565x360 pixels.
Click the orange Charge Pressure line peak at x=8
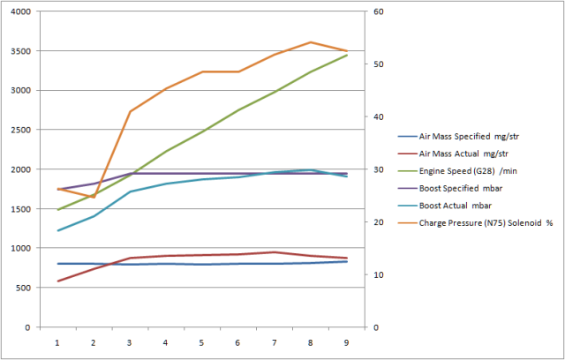pos(310,42)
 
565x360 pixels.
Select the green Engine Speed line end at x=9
pos(346,56)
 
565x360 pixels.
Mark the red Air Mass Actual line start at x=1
pos(57,281)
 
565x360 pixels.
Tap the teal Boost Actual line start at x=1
pos(57,230)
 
